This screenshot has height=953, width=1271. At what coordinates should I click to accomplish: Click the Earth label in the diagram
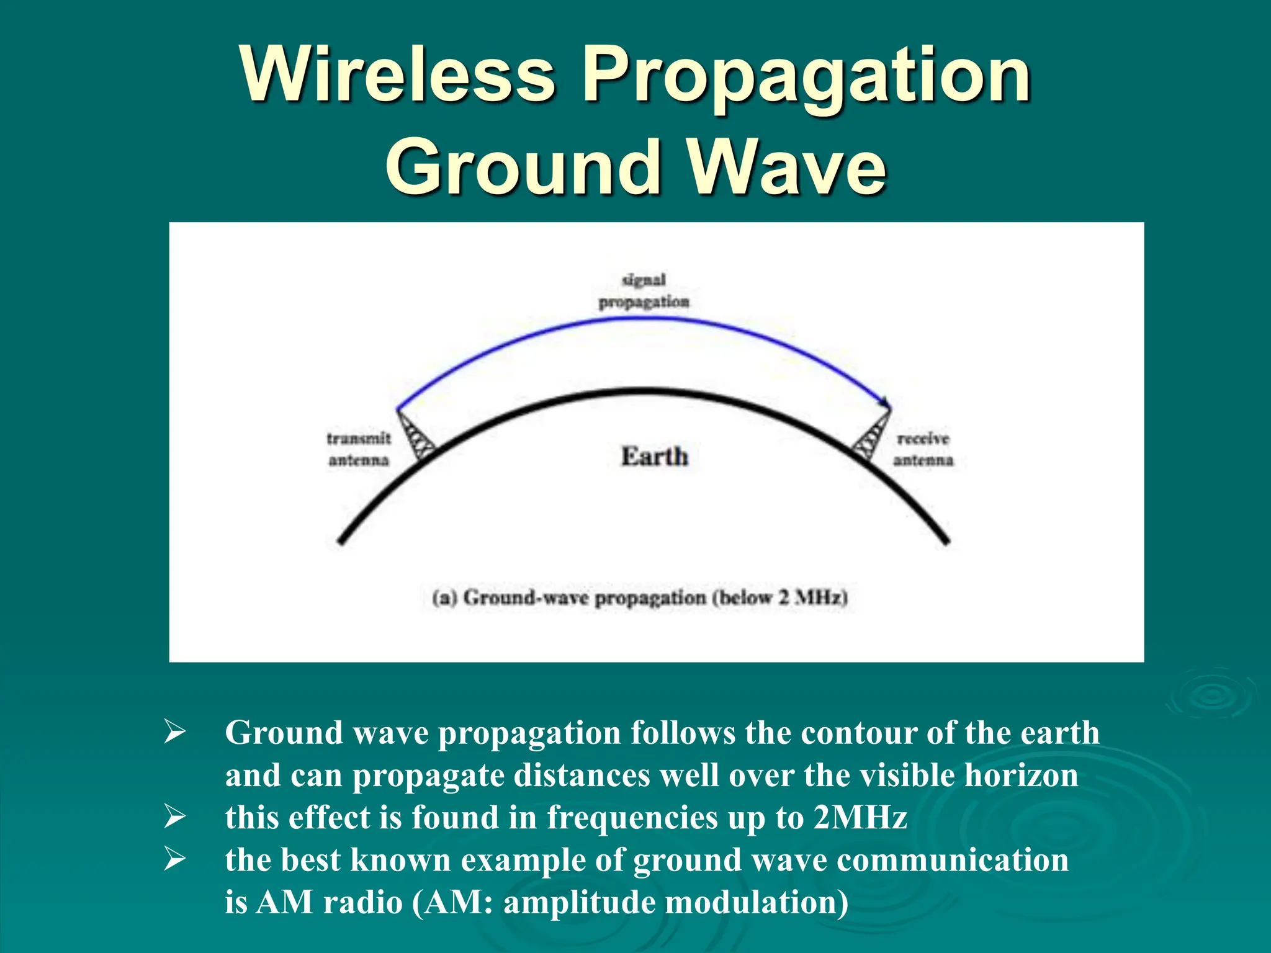[x=654, y=457]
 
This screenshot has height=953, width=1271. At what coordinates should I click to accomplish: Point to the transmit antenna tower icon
[x=416, y=436]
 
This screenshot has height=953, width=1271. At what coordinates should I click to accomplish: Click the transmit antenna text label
[x=359, y=449]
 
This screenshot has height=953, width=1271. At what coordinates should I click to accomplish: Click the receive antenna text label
[x=923, y=449]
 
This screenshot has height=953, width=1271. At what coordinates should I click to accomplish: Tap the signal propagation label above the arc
[x=644, y=291]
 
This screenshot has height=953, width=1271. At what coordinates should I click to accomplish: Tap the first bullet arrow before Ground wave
[x=174, y=732]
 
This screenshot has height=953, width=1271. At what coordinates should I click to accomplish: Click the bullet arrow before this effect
[x=174, y=817]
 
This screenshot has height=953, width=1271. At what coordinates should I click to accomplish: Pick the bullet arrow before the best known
[x=174, y=859]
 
